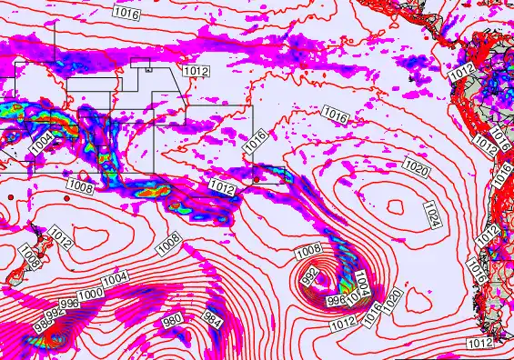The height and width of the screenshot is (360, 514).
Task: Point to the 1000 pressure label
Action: coord(90,295)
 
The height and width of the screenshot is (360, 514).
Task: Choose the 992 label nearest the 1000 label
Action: coord(55,313)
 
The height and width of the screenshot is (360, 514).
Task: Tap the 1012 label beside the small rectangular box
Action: coord(196,71)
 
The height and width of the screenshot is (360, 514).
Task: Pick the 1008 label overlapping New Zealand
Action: coord(28,258)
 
